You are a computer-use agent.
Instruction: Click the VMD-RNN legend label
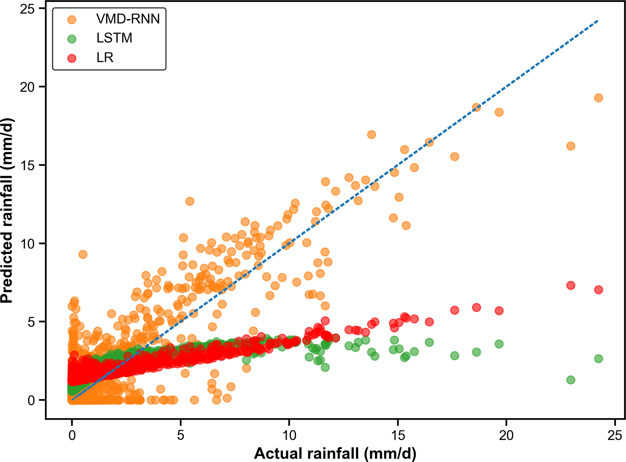pos(128,19)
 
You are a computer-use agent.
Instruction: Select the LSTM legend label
pos(114,38)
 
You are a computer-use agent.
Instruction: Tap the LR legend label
pos(105,57)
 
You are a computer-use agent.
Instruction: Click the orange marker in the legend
pos(72,20)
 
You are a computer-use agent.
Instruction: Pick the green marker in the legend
pos(72,39)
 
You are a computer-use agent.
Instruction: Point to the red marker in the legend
pos(72,58)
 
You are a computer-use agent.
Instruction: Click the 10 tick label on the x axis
pos(289,435)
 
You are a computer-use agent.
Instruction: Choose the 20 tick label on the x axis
pos(506,435)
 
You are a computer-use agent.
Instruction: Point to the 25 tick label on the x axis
pos(615,435)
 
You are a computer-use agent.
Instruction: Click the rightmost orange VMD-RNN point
pos(598,98)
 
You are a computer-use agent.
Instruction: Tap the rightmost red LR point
pos(598,290)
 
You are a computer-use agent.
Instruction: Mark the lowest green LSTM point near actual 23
pos(571,380)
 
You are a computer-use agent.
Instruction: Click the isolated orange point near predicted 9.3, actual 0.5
pos(83,254)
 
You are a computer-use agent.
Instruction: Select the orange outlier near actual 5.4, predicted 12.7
pos(190,201)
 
